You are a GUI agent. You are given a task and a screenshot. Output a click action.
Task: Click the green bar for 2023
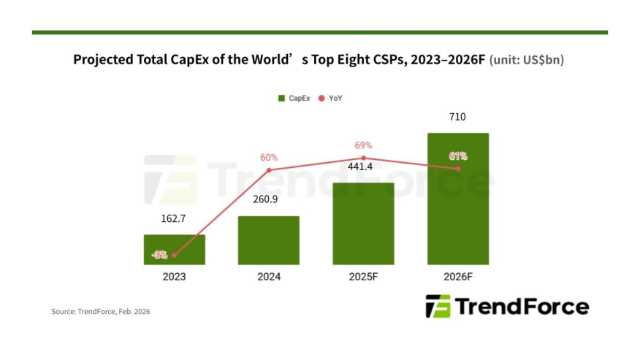[174, 249]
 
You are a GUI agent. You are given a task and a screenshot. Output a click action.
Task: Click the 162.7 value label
[174, 218]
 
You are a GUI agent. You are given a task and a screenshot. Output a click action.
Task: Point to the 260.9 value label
[268, 199]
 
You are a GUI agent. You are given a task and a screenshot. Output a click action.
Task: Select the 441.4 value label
[363, 167]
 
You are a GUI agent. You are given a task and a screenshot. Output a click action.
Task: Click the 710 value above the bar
[457, 117]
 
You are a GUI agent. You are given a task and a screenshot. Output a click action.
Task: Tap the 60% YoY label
[269, 157]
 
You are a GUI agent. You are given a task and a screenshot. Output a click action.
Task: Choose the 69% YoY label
[363, 145]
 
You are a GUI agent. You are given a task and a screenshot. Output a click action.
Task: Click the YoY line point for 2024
[269, 170]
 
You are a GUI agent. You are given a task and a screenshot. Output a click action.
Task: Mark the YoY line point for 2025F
[363, 158]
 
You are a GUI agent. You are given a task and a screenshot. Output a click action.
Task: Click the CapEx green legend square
[281, 97]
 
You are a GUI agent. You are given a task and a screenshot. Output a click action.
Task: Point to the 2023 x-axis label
[174, 277]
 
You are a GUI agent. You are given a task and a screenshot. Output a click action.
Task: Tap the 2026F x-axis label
[457, 277]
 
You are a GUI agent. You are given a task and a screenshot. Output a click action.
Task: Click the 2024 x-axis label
[268, 277]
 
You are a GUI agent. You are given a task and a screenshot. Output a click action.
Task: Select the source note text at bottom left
[100, 312]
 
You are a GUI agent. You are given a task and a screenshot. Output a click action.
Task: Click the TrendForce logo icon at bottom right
[438, 307]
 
